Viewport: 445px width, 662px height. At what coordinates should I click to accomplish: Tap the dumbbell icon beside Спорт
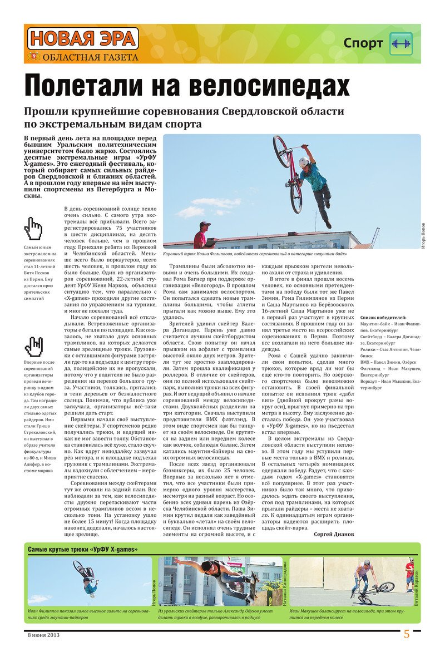click(401, 43)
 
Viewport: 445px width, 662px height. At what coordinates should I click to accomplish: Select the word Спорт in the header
click(363, 43)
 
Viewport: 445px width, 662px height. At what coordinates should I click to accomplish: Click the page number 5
click(407, 634)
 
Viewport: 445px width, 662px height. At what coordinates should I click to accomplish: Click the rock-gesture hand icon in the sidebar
click(34, 345)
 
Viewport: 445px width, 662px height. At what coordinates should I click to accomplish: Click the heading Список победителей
click(383, 317)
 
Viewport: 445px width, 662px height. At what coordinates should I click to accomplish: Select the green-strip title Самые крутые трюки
click(83, 550)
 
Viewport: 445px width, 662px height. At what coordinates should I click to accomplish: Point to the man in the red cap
click(203, 234)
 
